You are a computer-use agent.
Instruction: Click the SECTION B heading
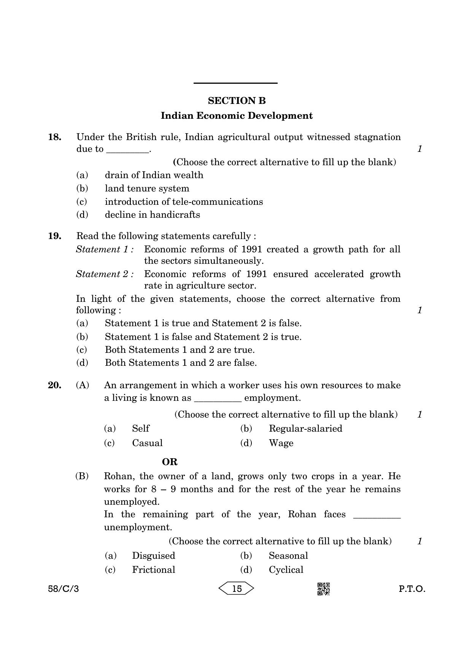click(x=237, y=101)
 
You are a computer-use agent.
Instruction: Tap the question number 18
click(x=54, y=137)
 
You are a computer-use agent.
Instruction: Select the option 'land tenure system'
click(x=147, y=188)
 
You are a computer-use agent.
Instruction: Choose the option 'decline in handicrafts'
click(x=152, y=215)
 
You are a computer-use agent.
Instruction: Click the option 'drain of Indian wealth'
click(x=154, y=175)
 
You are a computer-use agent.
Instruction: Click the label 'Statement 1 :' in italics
click(x=105, y=249)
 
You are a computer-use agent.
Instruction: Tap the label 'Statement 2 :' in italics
click(x=105, y=274)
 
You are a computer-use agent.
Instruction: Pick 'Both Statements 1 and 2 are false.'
click(x=181, y=363)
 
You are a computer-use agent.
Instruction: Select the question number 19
click(x=54, y=236)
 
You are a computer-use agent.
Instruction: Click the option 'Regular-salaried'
click(x=305, y=429)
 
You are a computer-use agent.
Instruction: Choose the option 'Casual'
click(x=147, y=443)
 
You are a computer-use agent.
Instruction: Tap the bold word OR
click(x=170, y=462)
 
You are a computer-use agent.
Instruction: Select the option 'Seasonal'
click(x=288, y=556)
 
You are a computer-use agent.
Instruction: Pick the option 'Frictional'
click(x=153, y=570)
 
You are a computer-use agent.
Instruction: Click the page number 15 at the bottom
click(x=237, y=589)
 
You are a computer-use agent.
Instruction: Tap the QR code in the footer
click(x=323, y=589)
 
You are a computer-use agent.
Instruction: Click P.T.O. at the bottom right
click(x=412, y=589)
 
